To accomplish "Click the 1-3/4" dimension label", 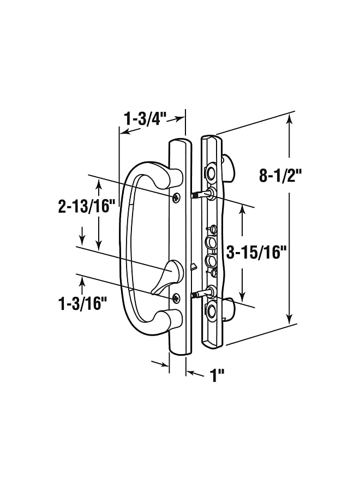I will [x=146, y=118].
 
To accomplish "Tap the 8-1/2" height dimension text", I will [x=280, y=176].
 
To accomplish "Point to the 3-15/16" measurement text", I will [x=256, y=252].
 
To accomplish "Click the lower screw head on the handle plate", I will [x=176, y=298].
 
